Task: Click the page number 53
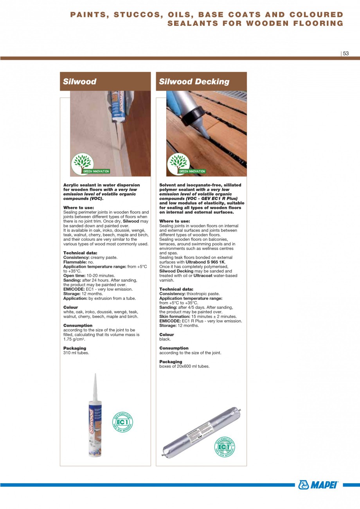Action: pyautogui.click(x=346, y=54)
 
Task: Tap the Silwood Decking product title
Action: pyautogui.click(x=194, y=81)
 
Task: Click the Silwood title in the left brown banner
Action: pyautogui.click(x=80, y=81)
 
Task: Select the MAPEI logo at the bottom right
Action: pyautogui.click(x=319, y=485)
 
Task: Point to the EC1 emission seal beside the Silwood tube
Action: pyautogui.click(x=122, y=422)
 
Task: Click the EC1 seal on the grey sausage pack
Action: pyautogui.click(x=224, y=446)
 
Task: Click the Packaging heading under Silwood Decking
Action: pyautogui.click(x=171, y=362)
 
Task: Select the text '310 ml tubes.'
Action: pyautogui.click(x=76, y=353)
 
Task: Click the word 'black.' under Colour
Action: pyautogui.click(x=165, y=339)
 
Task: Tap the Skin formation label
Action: pyautogui.click(x=175, y=317)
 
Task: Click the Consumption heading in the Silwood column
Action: pyautogui.click(x=78, y=326)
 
